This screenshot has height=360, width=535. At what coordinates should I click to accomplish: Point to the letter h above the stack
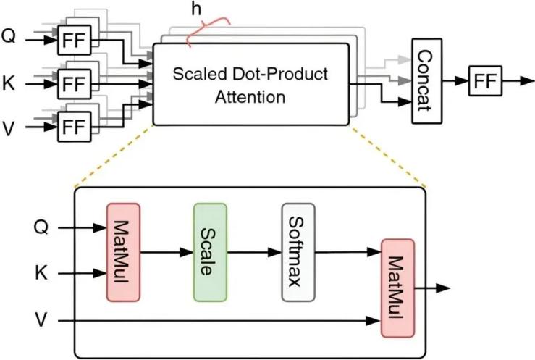point(194,11)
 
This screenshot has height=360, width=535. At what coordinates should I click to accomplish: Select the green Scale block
point(210,251)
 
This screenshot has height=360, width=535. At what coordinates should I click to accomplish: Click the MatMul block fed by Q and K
point(123,251)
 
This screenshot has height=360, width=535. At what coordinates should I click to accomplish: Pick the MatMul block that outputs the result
point(397,288)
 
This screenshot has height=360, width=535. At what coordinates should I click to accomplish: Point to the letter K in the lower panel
point(42,275)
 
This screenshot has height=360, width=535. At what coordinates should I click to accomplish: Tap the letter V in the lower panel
point(42,319)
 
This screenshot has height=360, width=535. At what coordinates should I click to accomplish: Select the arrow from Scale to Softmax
point(254,252)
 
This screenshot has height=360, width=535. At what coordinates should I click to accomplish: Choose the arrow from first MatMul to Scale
point(167,252)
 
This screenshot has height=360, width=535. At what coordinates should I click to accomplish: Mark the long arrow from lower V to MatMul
point(217,319)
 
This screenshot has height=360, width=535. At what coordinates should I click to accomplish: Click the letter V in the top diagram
point(9,128)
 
